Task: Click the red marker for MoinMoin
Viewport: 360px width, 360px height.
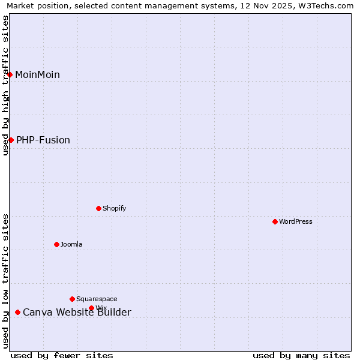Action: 10,74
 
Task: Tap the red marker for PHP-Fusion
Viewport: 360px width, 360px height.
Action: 11,140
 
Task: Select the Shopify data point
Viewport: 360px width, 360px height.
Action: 98,208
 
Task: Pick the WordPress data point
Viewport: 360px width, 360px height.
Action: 275,221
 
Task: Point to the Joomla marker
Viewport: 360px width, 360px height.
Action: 56,244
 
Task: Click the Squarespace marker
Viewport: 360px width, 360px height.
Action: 72,299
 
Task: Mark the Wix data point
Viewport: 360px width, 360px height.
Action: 91,308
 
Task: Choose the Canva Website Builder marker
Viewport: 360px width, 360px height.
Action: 17,312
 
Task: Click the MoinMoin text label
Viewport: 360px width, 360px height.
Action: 37,74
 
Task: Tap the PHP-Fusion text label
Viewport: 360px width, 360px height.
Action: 43,140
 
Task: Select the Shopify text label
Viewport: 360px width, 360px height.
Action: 114,208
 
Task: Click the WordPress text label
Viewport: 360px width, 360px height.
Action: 295,221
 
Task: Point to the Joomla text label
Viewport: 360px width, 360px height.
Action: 71,244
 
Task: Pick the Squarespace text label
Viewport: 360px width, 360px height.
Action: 97,299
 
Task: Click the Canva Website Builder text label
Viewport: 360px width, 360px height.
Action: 77,312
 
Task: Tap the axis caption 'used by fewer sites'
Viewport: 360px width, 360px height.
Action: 62,355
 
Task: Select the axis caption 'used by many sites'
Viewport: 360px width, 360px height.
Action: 301,355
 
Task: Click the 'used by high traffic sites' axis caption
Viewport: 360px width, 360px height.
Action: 5,85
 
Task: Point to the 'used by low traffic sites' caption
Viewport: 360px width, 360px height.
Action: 5,280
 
